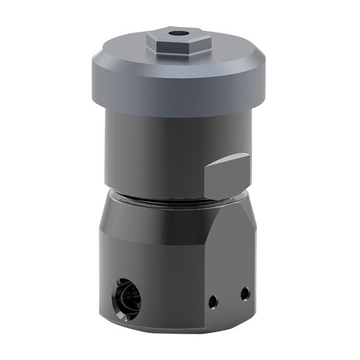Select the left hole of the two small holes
click(213, 301)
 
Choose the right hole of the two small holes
click(245, 292)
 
